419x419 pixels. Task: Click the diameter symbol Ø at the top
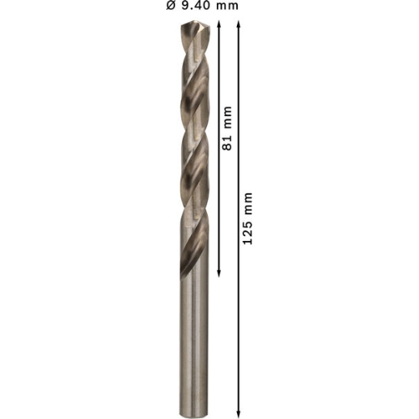[x=171, y=6]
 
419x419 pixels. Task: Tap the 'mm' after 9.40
[x=227, y=6]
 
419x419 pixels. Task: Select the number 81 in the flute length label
[x=227, y=142]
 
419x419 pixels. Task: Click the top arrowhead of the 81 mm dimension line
[x=218, y=23]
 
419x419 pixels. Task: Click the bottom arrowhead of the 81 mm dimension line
[x=218, y=273]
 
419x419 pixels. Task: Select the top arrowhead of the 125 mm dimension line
[x=239, y=23]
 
